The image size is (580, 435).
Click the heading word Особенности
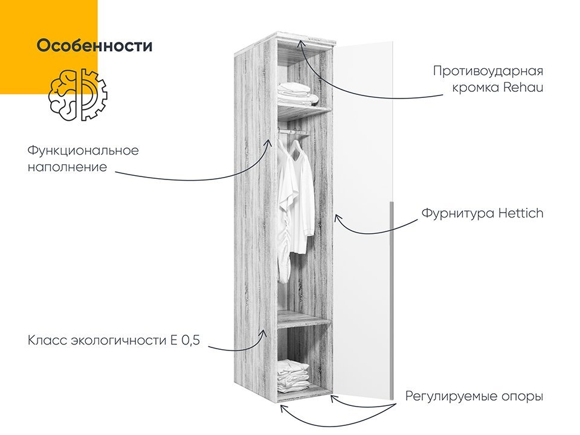(x=95, y=46)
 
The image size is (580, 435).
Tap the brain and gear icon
(x=78, y=95)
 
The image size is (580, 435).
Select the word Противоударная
(x=488, y=71)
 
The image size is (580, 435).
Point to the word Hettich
(x=521, y=213)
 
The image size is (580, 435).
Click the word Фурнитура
(x=457, y=214)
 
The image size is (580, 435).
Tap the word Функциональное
(x=83, y=151)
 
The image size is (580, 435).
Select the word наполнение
(x=67, y=167)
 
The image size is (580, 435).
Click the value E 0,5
(x=185, y=340)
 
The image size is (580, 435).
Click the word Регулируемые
(x=451, y=396)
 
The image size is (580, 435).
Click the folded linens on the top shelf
(x=298, y=93)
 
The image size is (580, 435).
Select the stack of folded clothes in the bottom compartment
(x=294, y=375)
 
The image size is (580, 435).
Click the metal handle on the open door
(x=391, y=300)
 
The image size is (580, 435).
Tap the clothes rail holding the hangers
(x=292, y=131)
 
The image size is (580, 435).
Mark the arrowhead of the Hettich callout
(x=337, y=218)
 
